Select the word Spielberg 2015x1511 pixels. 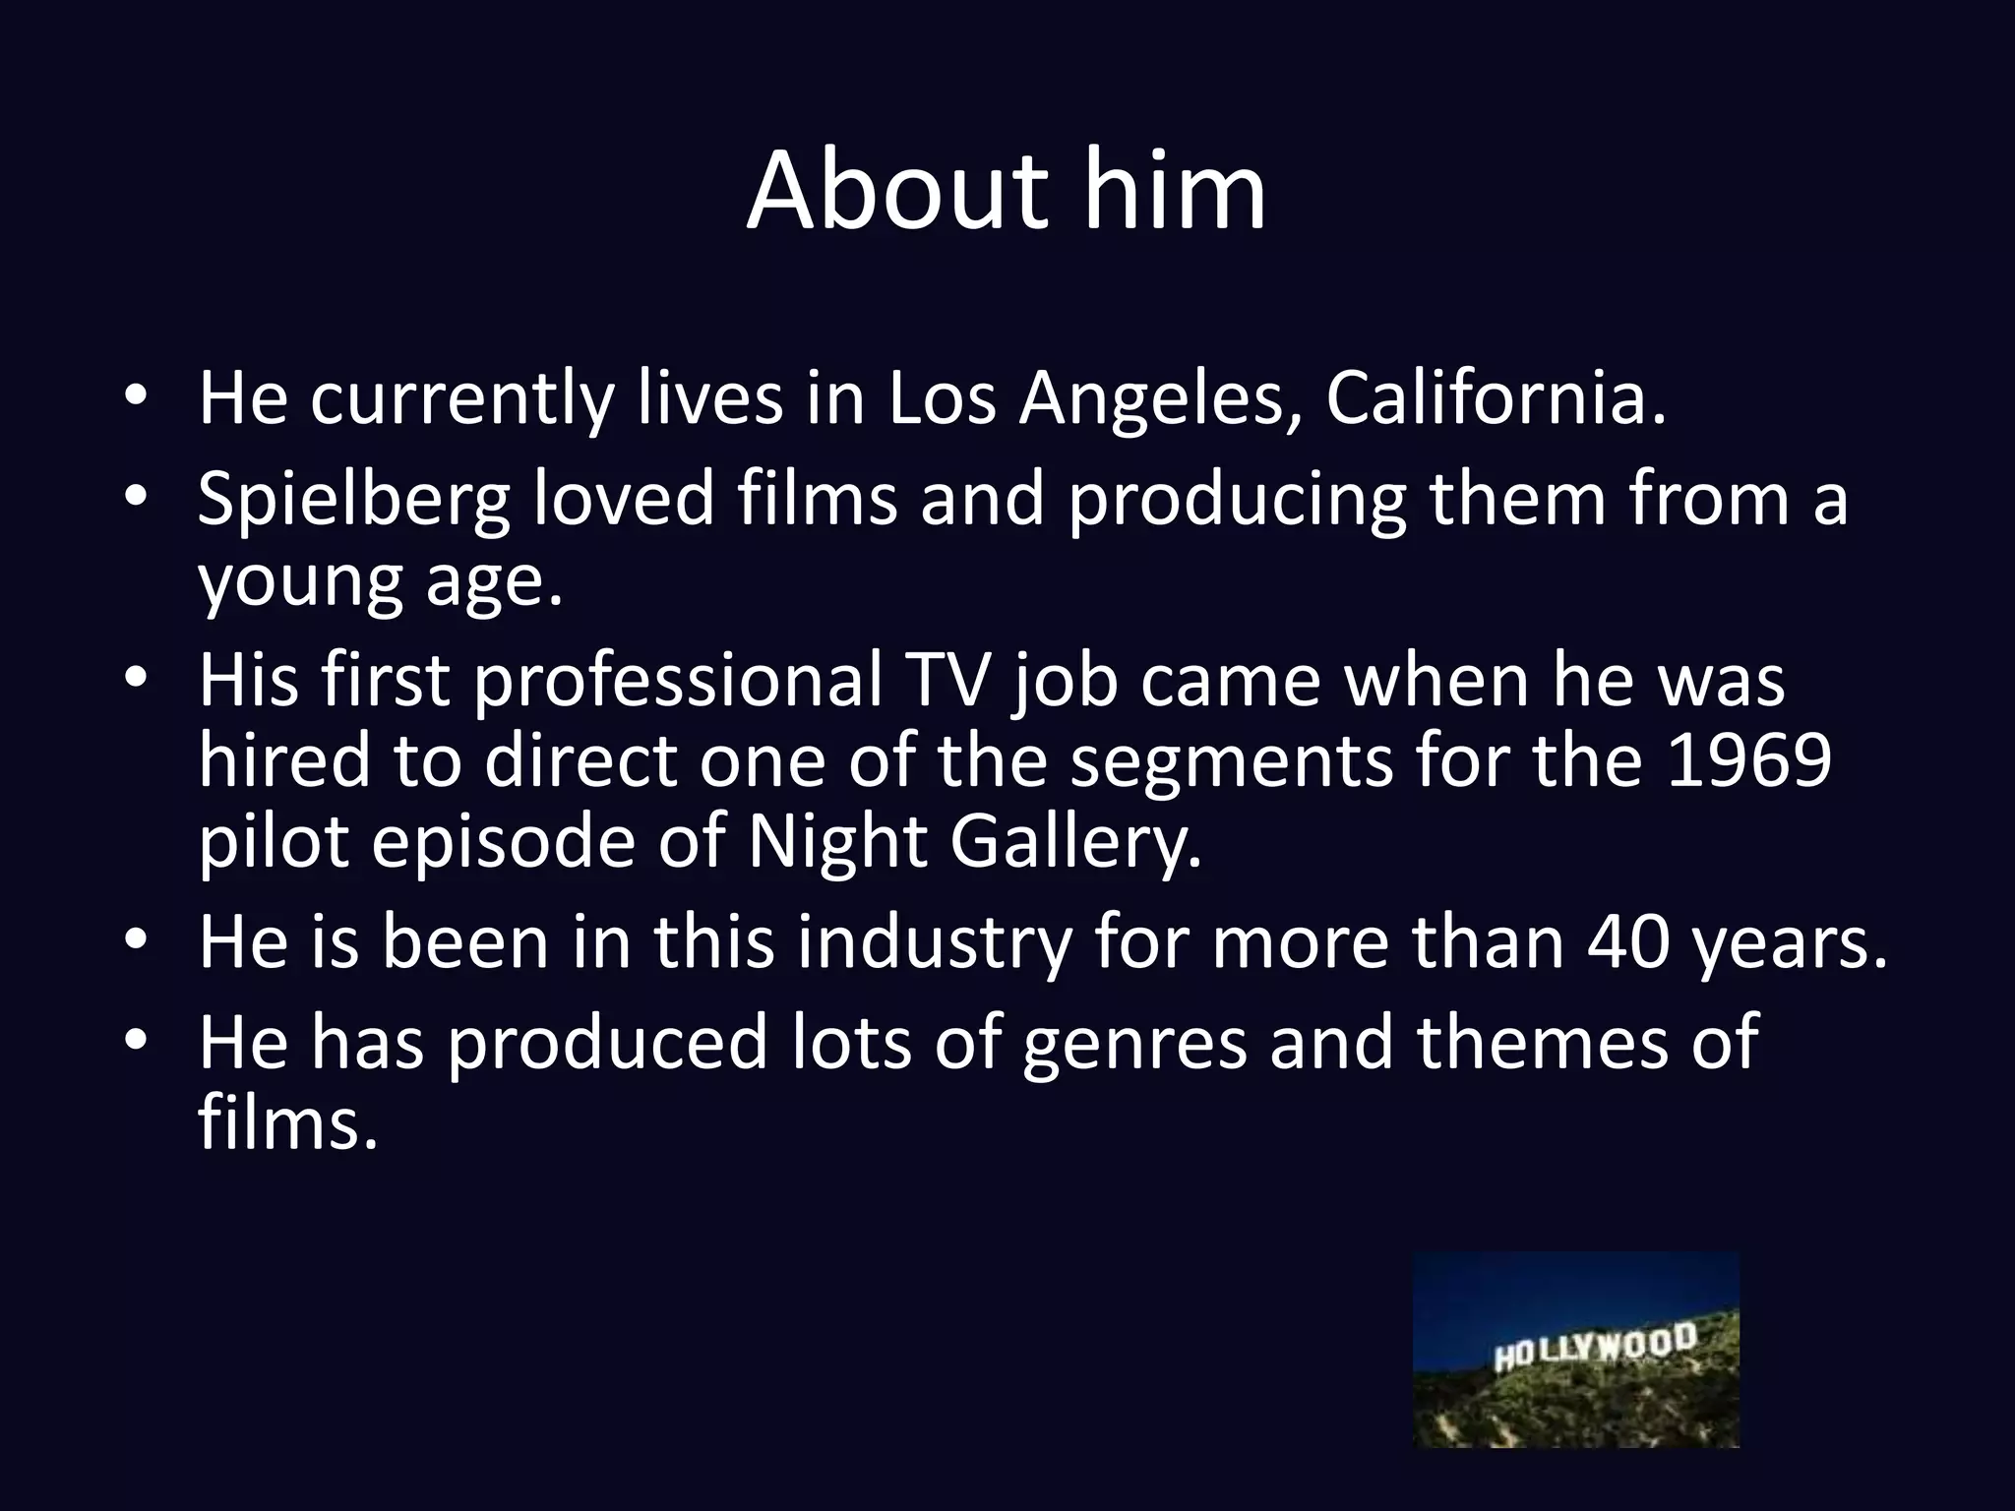tap(353, 500)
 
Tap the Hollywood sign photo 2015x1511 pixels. tap(1576, 1350)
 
